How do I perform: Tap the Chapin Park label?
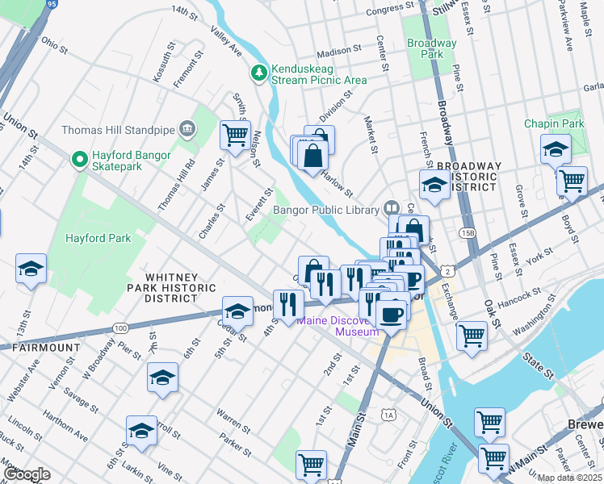pos(554,123)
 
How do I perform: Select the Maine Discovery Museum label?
pos(337,326)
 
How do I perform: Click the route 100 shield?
pos(120,328)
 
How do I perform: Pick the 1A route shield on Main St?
pos(389,415)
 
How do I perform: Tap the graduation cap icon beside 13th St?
pos(31,269)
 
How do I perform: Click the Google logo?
pos(27,474)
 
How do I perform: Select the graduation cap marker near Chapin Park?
pos(555,148)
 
